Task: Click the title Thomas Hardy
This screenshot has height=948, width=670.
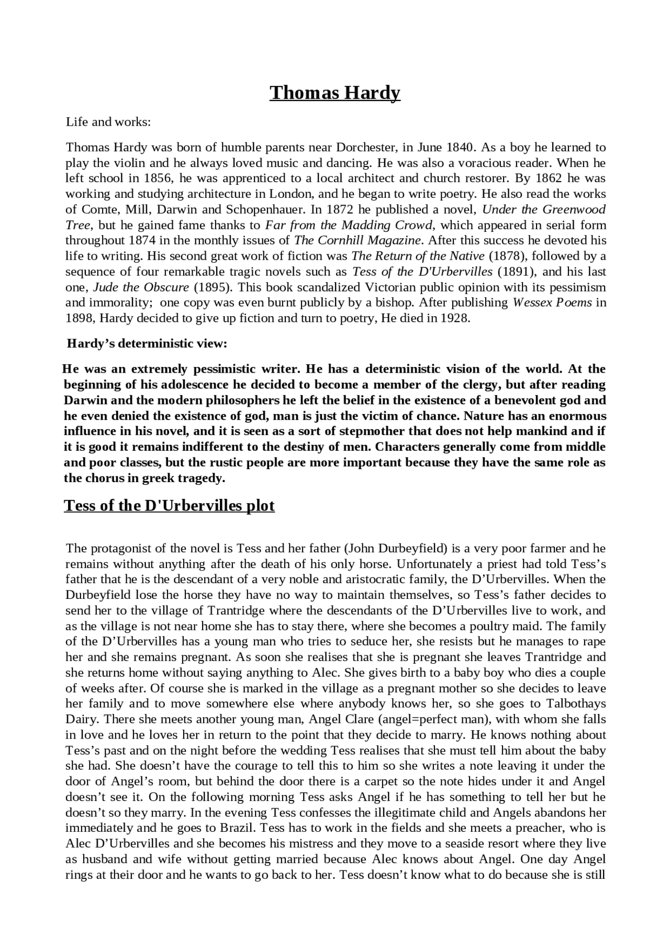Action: (x=335, y=93)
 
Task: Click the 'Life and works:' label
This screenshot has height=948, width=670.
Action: (x=108, y=122)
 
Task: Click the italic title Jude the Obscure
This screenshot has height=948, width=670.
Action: (x=141, y=287)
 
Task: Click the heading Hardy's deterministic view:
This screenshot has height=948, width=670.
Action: (x=147, y=344)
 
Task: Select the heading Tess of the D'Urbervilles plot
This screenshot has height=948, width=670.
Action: (x=169, y=506)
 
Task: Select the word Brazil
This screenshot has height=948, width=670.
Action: (x=239, y=828)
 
